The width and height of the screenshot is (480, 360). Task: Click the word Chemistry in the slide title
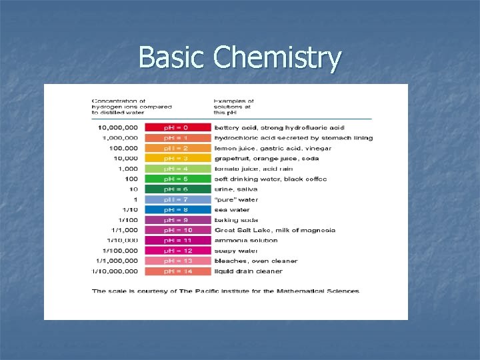click(x=277, y=58)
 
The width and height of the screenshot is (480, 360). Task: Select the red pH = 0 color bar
click(x=177, y=127)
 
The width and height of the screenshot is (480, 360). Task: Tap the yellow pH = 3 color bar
click(x=177, y=158)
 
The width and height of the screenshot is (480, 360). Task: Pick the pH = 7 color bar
click(x=177, y=199)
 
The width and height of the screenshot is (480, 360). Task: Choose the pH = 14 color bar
click(x=177, y=271)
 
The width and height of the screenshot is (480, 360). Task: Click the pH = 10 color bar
click(x=177, y=230)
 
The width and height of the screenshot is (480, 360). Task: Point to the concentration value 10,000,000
click(x=118, y=127)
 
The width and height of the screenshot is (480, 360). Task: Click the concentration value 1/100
click(x=128, y=220)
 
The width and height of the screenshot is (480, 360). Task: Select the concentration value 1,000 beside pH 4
click(x=128, y=169)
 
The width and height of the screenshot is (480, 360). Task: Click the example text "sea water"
click(x=231, y=209)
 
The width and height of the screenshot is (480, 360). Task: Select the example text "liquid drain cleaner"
click(x=248, y=271)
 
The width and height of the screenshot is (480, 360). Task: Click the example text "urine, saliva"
click(x=236, y=189)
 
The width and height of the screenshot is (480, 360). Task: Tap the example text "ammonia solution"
click(x=245, y=240)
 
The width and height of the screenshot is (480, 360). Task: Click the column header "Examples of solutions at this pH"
click(x=234, y=107)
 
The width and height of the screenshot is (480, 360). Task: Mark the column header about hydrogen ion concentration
click(x=131, y=107)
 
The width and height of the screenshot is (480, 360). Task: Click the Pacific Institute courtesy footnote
click(x=226, y=291)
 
